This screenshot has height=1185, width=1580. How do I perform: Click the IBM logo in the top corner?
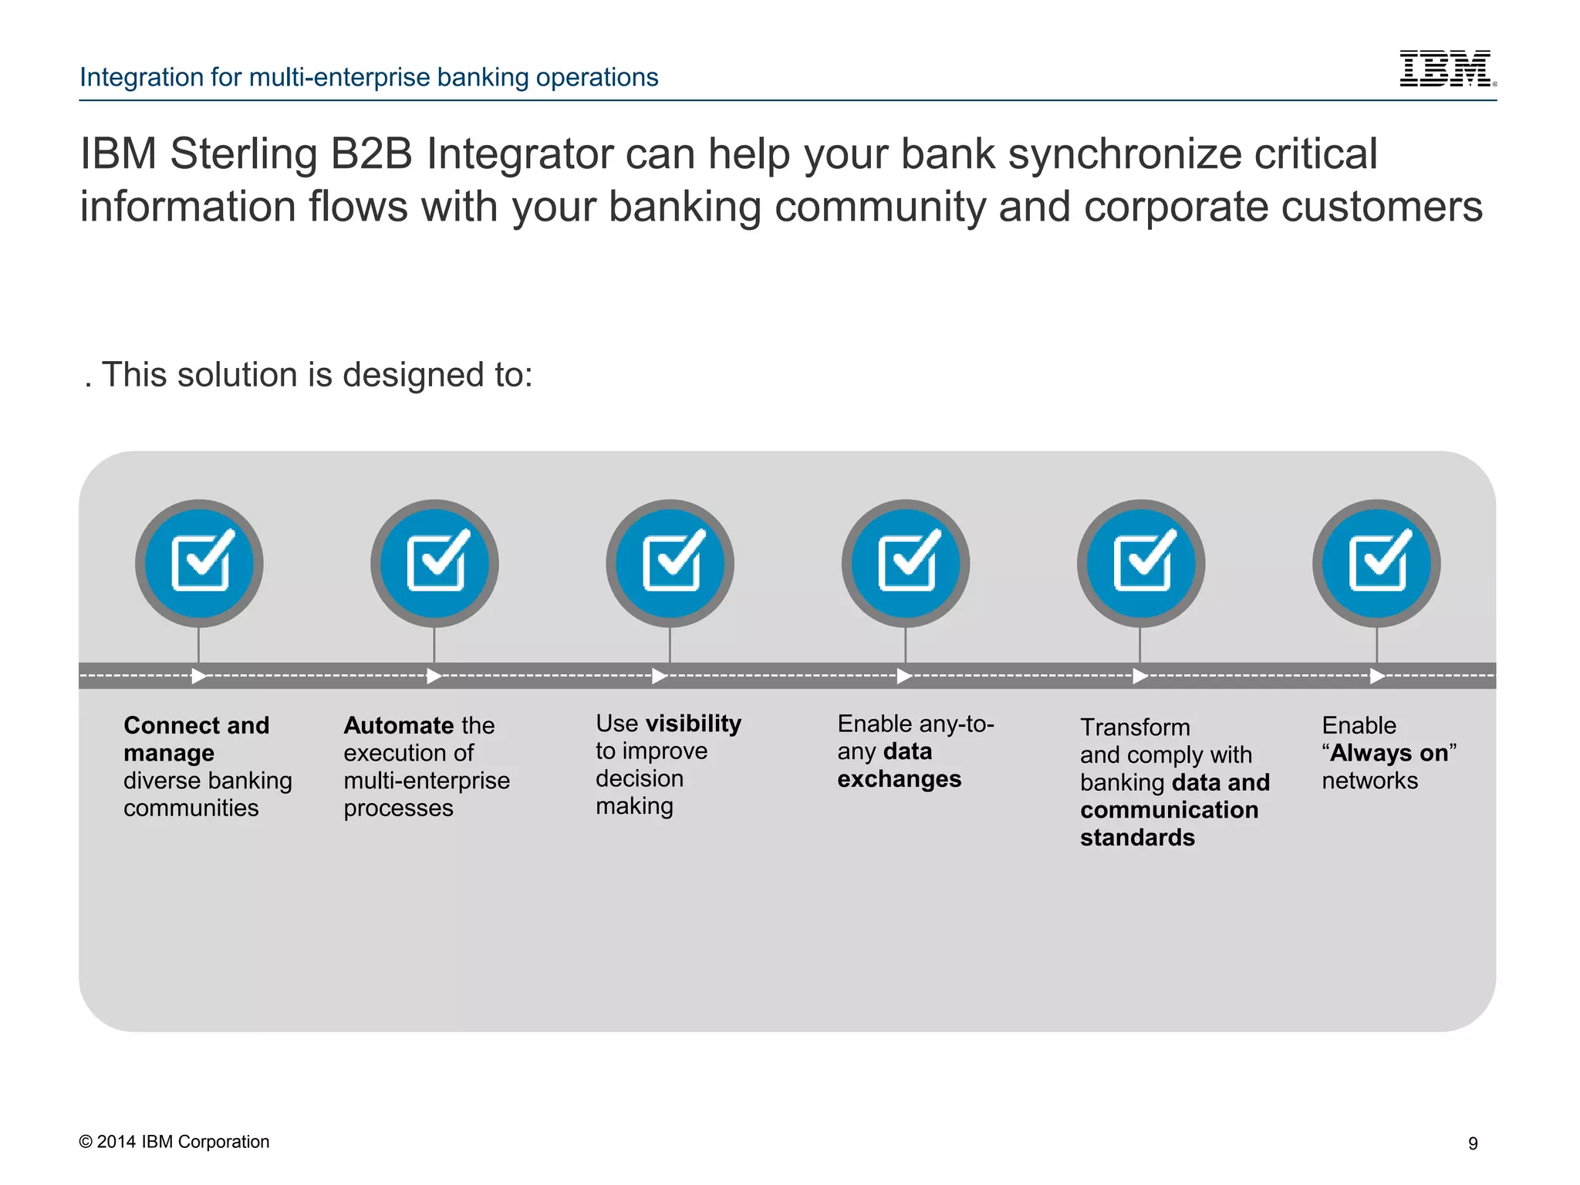point(1447,69)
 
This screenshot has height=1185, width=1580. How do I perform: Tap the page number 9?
point(1473,1143)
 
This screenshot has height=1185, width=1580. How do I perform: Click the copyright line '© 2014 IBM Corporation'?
point(174,1142)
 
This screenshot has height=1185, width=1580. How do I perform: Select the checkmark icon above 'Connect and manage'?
point(200,562)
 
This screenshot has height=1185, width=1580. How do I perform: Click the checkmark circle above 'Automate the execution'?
point(435,562)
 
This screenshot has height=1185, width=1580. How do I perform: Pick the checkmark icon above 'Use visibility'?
point(670,562)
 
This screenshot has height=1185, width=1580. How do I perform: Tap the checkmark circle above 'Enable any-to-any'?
point(906,562)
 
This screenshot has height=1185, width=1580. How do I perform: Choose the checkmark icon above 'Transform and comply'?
point(1141,562)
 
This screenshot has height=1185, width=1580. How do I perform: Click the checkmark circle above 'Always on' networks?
point(1377,562)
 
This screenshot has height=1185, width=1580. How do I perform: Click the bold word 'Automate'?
point(398,725)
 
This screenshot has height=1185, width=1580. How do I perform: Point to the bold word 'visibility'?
point(693,724)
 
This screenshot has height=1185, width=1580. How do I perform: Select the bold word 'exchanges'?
point(899,779)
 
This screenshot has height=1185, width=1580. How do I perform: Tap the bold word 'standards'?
point(1137,838)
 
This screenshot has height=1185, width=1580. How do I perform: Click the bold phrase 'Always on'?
point(1389,753)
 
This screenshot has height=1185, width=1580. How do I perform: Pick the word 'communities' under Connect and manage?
point(191,809)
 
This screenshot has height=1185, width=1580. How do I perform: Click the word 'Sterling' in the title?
point(243,154)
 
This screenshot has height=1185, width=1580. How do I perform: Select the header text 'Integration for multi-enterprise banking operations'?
point(369,77)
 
